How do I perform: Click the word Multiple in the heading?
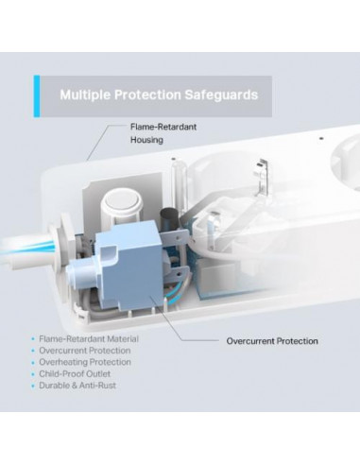click(87, 95)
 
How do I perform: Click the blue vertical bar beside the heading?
click(38, 95)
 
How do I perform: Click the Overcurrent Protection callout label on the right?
click(272, 340)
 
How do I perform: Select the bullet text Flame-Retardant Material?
click(98, 338)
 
